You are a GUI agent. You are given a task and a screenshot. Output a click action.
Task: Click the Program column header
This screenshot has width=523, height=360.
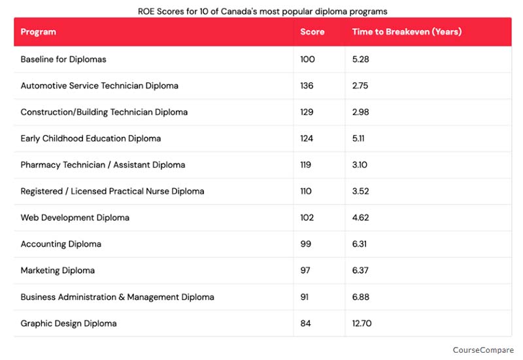pyautogui.click(x=39, y=32)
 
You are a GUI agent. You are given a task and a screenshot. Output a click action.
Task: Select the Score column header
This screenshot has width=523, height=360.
pyautogui.click(x=312, y=32)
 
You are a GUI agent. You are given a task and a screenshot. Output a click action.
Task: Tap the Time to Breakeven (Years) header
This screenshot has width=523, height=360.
pyautogui.click(x=407, y=32)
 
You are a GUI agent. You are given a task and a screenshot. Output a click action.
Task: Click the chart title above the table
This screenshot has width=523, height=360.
pyautogui.click(x=261, y=11)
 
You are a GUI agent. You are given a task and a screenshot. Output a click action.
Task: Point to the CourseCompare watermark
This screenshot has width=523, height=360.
pyautogui.click(x=483, y=350)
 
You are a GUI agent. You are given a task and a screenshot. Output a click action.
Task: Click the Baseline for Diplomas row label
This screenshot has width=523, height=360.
pyautogui.click(x=63, y=59)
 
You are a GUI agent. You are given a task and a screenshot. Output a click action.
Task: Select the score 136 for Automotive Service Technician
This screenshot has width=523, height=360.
pyautogui.click(x=307, y=86)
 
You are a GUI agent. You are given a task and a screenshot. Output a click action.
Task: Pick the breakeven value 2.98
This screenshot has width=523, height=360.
pyautogui.click(x=360, y=112)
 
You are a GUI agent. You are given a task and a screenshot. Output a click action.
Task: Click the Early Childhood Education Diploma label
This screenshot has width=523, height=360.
pyautogui.click(x=91, y=139)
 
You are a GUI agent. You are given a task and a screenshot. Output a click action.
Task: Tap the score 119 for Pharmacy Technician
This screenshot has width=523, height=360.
pyautogui.click(x=306, y=165)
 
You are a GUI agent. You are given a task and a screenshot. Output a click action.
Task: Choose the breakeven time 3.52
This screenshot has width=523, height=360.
pyautogui.click(x=360, y=191)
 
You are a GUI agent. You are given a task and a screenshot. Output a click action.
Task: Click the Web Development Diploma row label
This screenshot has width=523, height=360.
pyautogui.click(x=75, y=218)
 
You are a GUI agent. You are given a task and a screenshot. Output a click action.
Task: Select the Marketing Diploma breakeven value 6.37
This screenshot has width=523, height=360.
pyautogui.click(x=360, y=270)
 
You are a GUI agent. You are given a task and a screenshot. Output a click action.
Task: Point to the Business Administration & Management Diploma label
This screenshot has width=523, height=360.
pyautogui.click(x=118, y=297)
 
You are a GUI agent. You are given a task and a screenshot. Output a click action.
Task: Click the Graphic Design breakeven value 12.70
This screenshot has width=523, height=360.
pyautogui.click(x=363, y=323)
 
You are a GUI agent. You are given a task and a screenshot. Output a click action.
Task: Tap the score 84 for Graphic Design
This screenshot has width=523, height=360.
pyautogui.click(x=305, y=323)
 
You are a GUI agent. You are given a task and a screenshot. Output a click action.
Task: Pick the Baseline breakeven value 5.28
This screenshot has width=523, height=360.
pyautogui.click(x=360, y=59)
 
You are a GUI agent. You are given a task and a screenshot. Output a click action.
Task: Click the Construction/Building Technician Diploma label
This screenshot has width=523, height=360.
pyautogui.click(x=104, y=112)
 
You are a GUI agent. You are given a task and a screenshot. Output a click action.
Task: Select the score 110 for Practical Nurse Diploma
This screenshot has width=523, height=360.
pyautogui.click(x=306, y=191)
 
